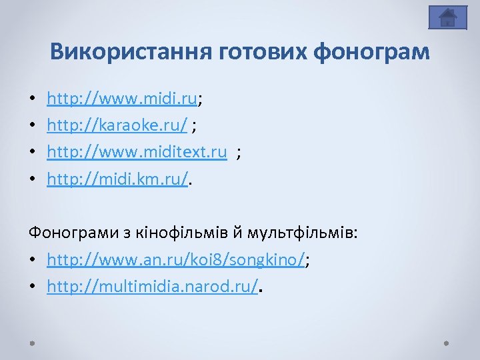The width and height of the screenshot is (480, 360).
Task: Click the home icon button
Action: tap(447, 17)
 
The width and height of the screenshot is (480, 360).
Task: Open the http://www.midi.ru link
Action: tap(122, 100)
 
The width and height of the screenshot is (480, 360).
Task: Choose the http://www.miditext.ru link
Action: tap(137, 153)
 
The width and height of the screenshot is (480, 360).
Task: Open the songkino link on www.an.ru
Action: tap(176, 260)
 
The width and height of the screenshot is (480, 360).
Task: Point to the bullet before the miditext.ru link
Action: tap(32, 153)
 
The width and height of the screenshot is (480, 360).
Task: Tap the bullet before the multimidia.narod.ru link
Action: tap(32, 287)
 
